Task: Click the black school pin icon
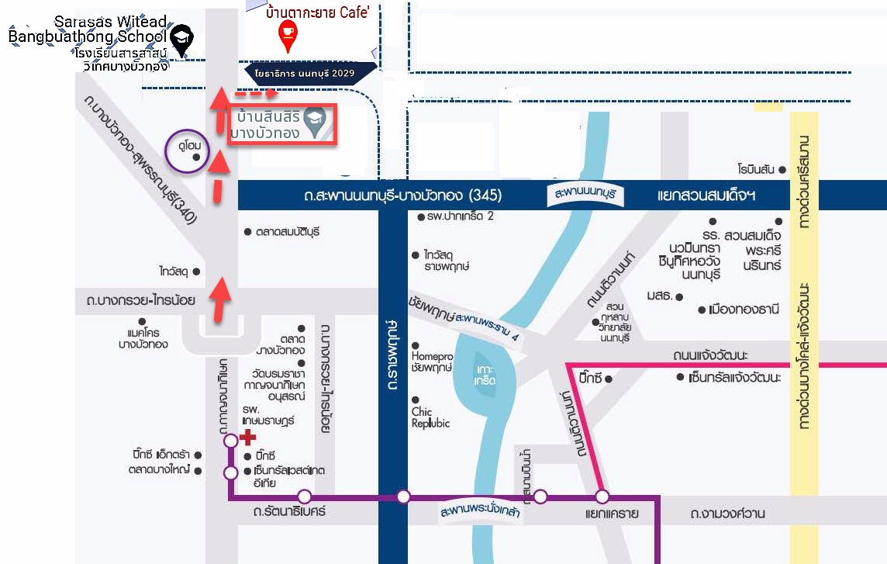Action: pos(182,40)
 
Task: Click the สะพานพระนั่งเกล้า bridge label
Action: pos(478,514)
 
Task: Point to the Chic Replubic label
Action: pos(430,417)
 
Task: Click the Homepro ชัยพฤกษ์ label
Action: pos(432,358)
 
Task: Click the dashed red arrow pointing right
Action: pos(256,95)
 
